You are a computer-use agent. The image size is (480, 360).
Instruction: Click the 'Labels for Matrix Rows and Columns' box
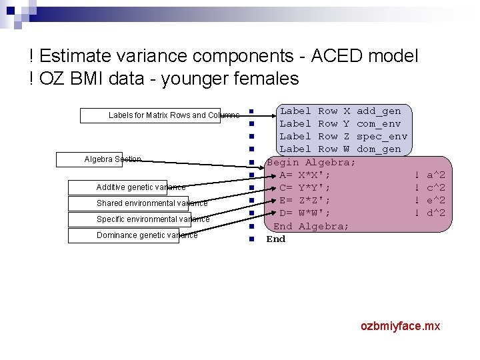pyautogui.click(x=160, y=115)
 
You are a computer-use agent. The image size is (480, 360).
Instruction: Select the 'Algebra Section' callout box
pyautogui.click(x=99, y=159)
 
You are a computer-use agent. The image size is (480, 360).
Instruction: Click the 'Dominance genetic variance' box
pyautogui.click(x=133, y=235)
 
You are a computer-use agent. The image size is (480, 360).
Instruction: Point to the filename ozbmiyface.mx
pyautogui.click(x=400, y=326)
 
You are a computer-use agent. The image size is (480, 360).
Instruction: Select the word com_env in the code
pyautogui.click(x=379, y=123)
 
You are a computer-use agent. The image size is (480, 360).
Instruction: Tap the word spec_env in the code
pyautogui.click(x=382, y=136)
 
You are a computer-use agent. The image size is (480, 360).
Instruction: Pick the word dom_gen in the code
pyautogui.click(x=379, y=149)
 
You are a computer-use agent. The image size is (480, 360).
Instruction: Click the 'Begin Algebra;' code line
pyautogui.click(x=311, y=162)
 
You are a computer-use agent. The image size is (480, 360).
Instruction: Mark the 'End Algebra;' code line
pyautogui.click(x=311, y=226)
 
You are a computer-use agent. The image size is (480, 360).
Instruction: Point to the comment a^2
pyautogui.click(x=436, y=175)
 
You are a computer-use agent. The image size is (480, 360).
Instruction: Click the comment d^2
pyautogui.click(x=436, y=213)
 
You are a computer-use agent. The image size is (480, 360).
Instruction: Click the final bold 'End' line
pyautogui.click(x=275, y=239)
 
